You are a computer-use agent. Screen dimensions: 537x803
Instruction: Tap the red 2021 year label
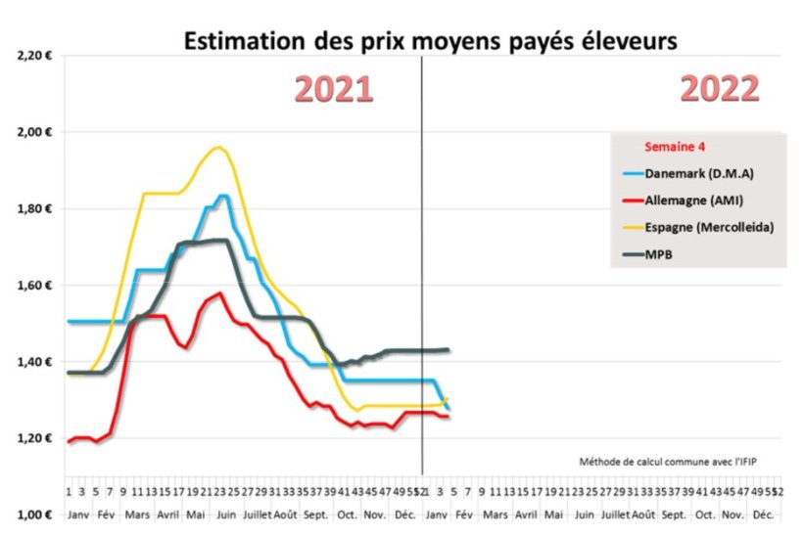(x=334, y=89)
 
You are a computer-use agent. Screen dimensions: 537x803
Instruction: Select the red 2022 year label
(x=720, y=89)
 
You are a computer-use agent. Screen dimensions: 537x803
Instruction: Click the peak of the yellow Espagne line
(x=218, y=148)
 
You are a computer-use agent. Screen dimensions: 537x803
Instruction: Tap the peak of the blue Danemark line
(x=223, y=196)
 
